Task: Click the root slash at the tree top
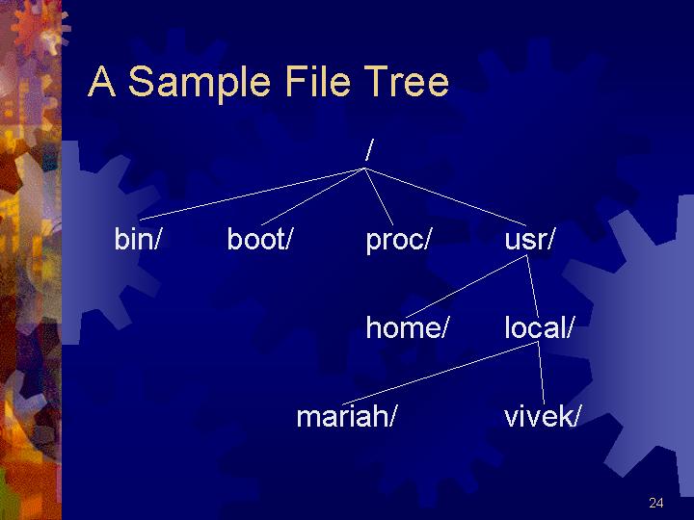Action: (369, 149)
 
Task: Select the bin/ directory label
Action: (137, 239)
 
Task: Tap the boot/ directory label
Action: (260, 239)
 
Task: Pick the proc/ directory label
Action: (398, 241)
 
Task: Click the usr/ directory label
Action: (529, 239)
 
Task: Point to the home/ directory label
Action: (407, 327)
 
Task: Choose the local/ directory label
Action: (539, 327)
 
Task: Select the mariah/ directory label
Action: (345, 416)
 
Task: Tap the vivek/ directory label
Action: (542, 416)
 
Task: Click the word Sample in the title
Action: (200, 82)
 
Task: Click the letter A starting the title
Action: (102, 81)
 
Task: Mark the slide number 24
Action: (656, 503)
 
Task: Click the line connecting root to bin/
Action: (252, 194)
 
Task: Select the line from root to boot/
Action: (313, 196)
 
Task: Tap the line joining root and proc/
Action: (379, 196)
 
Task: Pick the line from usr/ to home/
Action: (466, 286)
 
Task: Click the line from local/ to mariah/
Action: (440, 373)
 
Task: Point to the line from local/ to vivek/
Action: (542, 373)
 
